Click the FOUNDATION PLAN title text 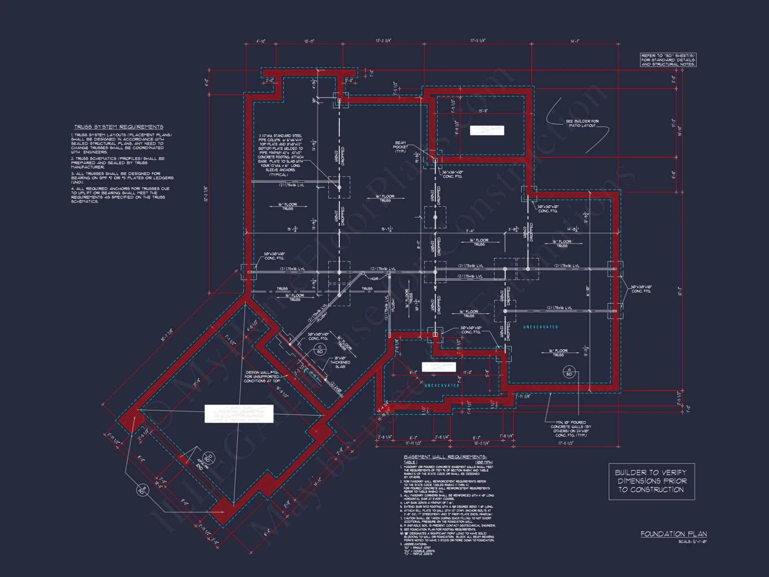[x=673, y=534]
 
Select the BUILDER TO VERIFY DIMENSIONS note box [x=651, y=481]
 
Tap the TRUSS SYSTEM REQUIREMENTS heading [x=118, y=127]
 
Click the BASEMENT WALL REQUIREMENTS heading [x=445, y=457]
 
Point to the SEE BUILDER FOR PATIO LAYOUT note [x=582, y=123]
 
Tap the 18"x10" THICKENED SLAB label [x=340, y=362]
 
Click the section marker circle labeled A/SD [x=569, y=372]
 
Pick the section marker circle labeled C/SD [x=320, y=349]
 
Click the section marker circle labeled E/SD [x=142, y=490]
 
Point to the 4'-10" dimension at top [x=261, y=41]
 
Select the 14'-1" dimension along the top [x=574, y=41]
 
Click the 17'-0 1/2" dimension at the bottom [x=565, y=443]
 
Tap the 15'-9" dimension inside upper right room [x=483, y=111]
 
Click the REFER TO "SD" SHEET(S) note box [x=668, y=60]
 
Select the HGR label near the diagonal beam [x=374, y=278]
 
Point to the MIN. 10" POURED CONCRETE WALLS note [x=571, y=429]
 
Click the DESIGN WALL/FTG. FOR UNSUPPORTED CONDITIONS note [x=261, y=377]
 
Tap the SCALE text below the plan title [x=692, y=542]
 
